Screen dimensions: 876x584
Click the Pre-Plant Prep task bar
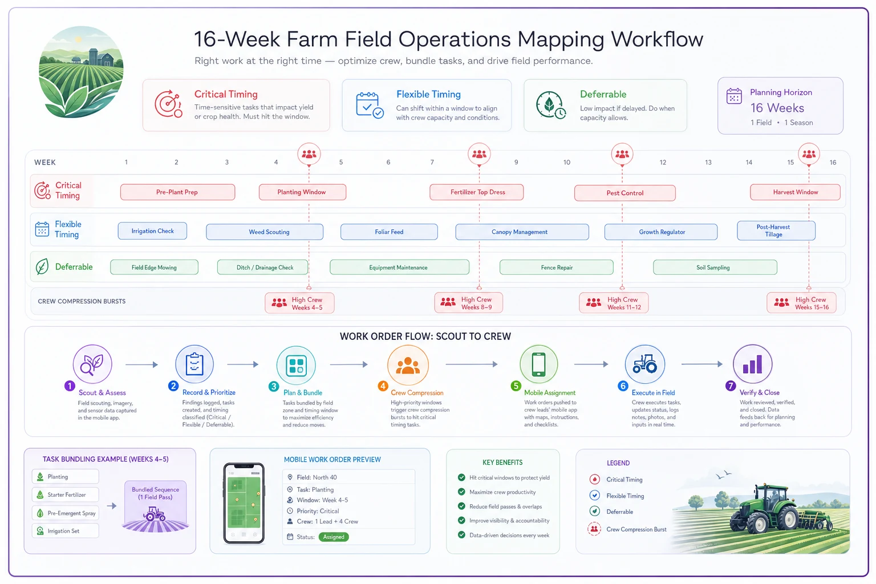pos(177,192)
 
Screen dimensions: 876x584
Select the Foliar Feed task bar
pos(389,232)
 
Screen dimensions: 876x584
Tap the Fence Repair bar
pos(556,267)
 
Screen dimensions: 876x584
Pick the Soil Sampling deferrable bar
pos(715,267)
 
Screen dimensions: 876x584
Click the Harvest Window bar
pos(795,192)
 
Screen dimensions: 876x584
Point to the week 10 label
pos(566,163)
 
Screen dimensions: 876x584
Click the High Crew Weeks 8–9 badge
pos(468,303)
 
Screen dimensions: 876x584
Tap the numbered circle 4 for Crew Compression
pos(383,386)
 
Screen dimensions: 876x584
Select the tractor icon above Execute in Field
pos(644,364)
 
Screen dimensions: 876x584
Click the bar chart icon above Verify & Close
pos(752,364)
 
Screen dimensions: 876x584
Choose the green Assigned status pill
pos(334,537)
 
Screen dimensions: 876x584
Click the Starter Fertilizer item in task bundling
pos(66,495)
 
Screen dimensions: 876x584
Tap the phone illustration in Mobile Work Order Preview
pos(244,504)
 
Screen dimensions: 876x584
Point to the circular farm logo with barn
pos(81,72)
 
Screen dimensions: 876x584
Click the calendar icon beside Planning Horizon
pos(733,96)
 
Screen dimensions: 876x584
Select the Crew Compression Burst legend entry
pos(627,529)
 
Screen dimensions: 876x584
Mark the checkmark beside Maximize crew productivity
pos(461,492)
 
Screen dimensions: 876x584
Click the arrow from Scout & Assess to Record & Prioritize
pos(141,364)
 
